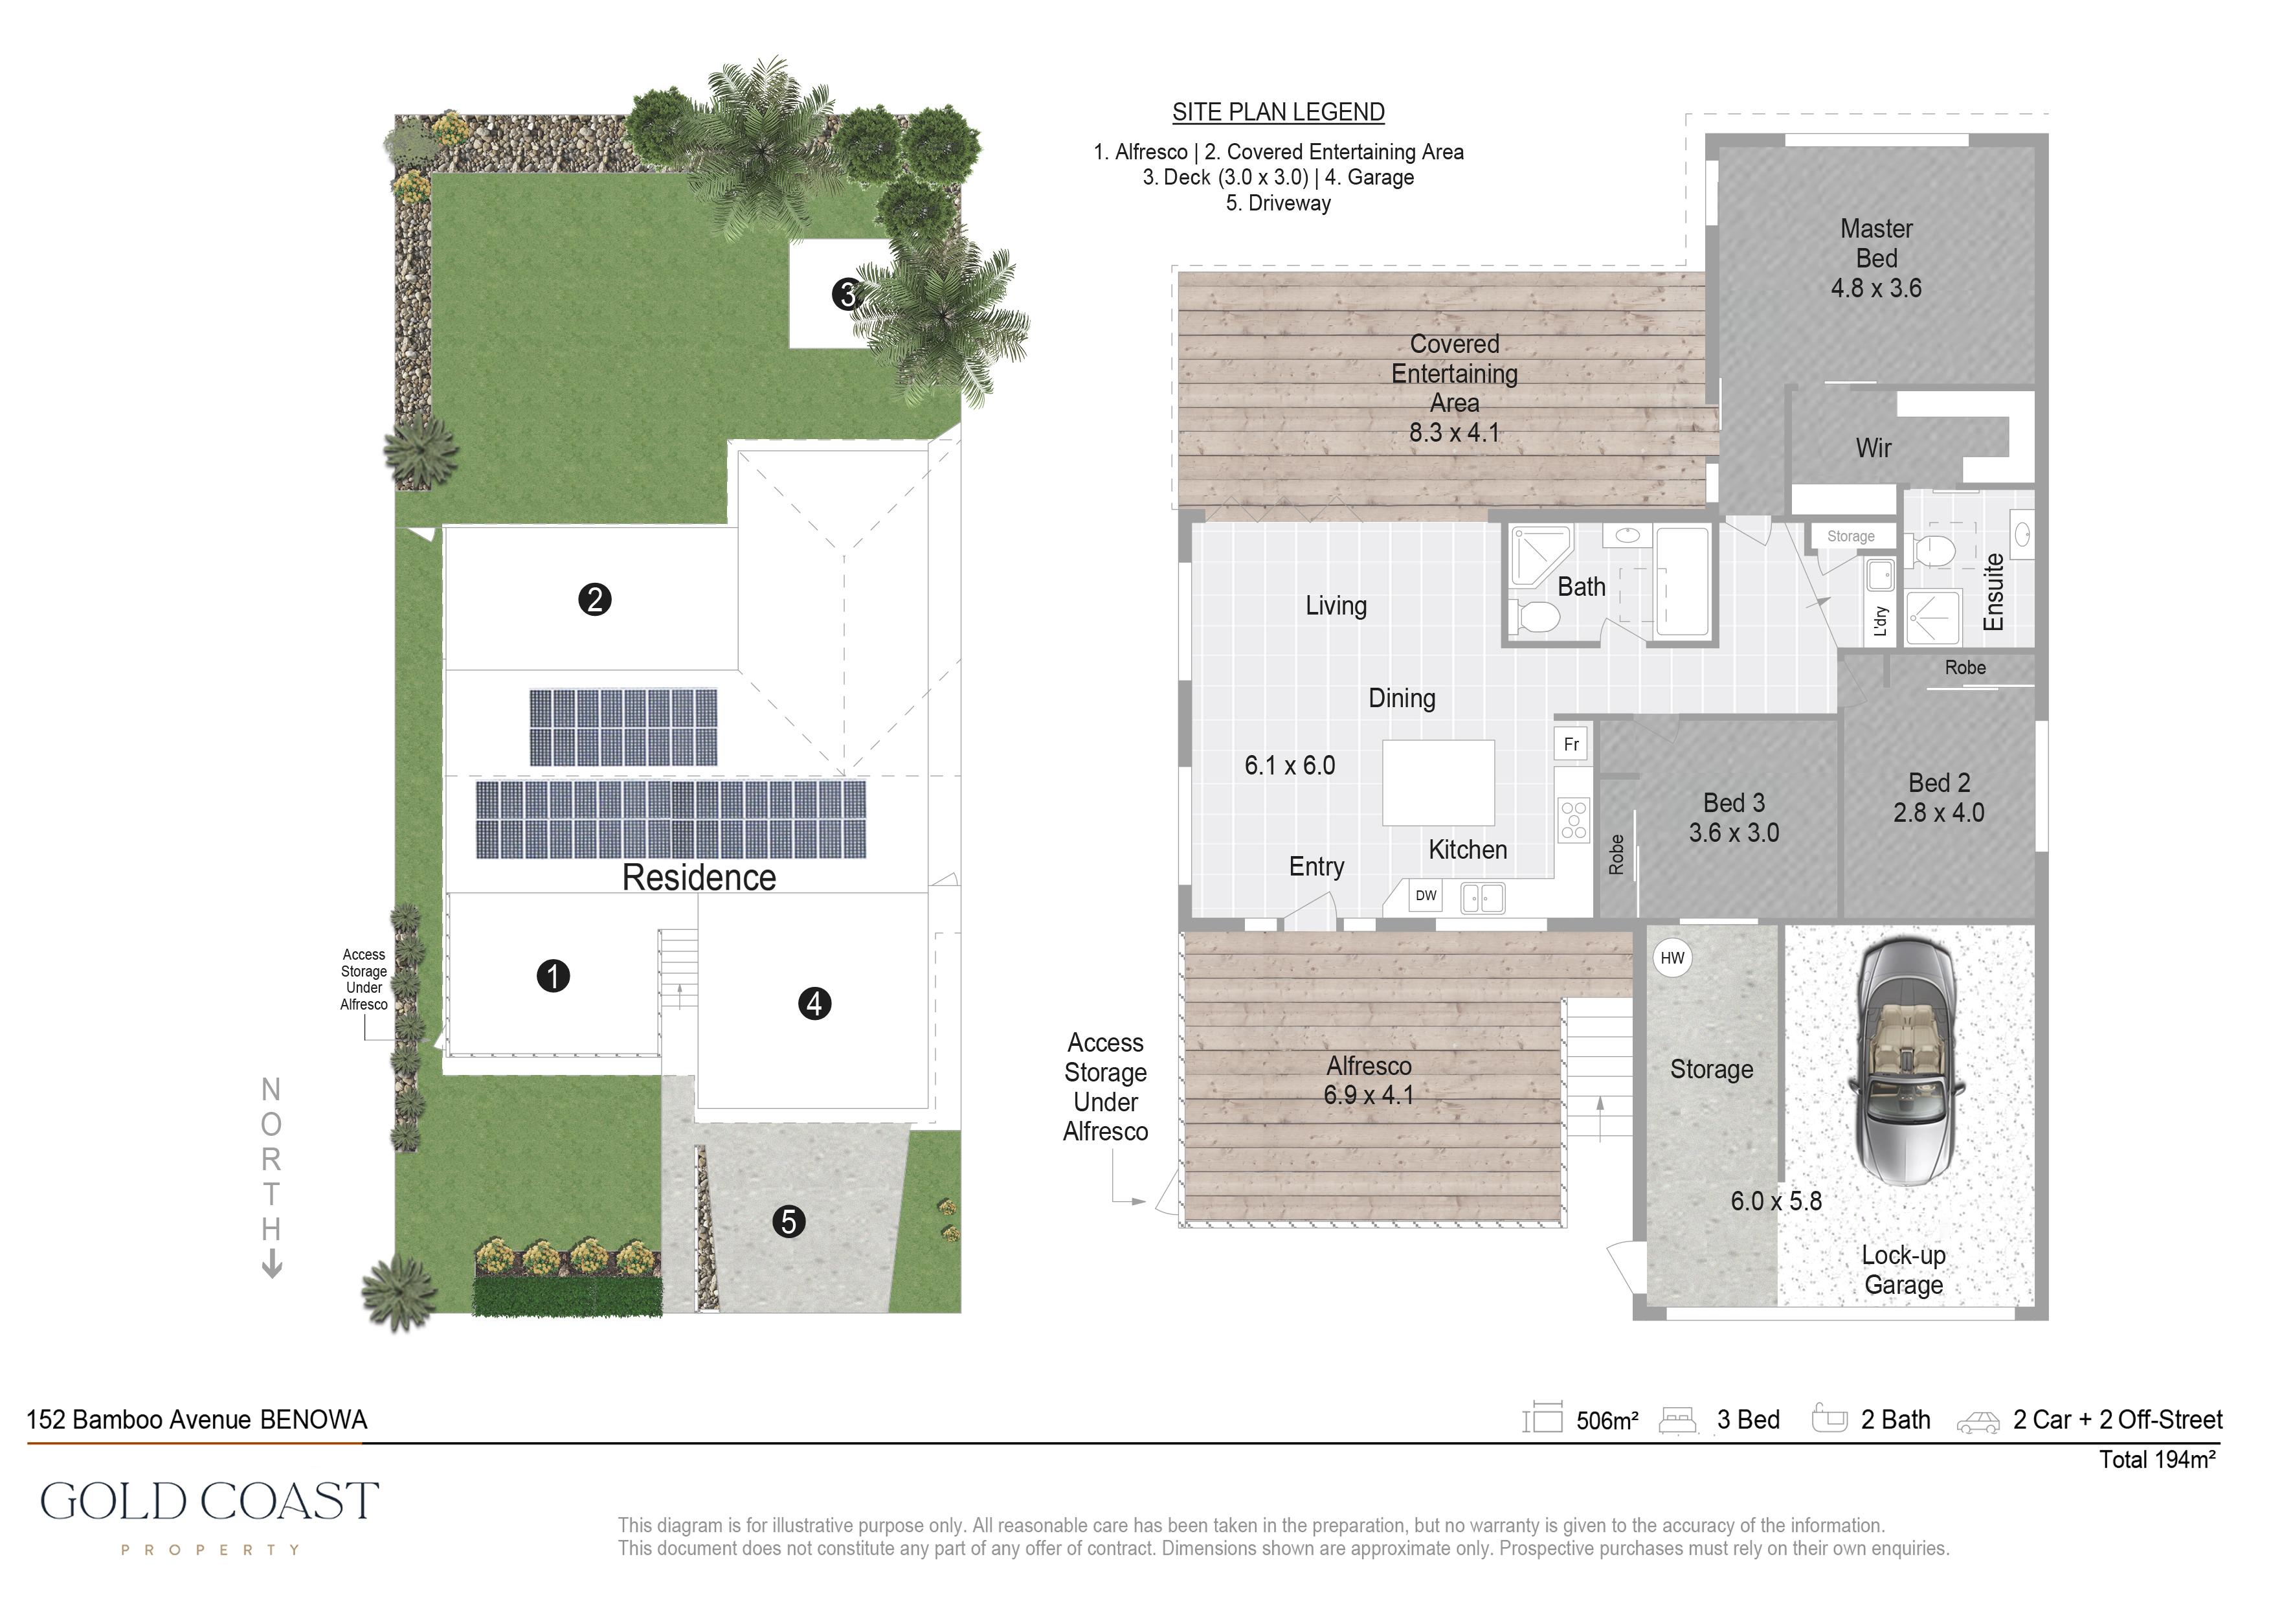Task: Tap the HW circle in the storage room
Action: [1673, 958]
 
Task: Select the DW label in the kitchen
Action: [1426, 896]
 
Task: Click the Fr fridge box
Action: [1571, 744]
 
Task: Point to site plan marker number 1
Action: [553, 976]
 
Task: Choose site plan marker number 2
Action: [594, 600]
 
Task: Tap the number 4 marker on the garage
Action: [814, 1003]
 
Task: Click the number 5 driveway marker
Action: [789, 1222]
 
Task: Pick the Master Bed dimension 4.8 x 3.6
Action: [1876, 289]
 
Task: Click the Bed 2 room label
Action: [1940, 783]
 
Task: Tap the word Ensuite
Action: [1994, 592]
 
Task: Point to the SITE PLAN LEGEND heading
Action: [1278, 113]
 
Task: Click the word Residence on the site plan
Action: [699, 877]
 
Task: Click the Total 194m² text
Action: [2157, 1460]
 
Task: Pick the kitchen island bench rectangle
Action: [1438, 783]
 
